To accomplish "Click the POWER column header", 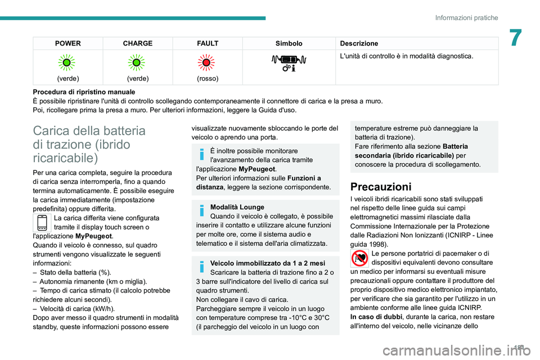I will tap(67, 43).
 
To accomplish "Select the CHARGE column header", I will tap(138, 43).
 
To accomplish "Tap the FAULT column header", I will tap(208, 43).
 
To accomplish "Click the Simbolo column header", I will tap(289, 43).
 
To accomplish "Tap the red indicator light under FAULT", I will tap(208, 62).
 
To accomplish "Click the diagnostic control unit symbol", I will tap(289, 62).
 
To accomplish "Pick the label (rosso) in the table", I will tap(208, 78).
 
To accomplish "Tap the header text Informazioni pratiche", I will tap(466, 18).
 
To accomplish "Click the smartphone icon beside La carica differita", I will tap(42, 223).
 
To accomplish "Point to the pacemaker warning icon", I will tap(359, 258).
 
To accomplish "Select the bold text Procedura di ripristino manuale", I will tap(84, 92).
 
